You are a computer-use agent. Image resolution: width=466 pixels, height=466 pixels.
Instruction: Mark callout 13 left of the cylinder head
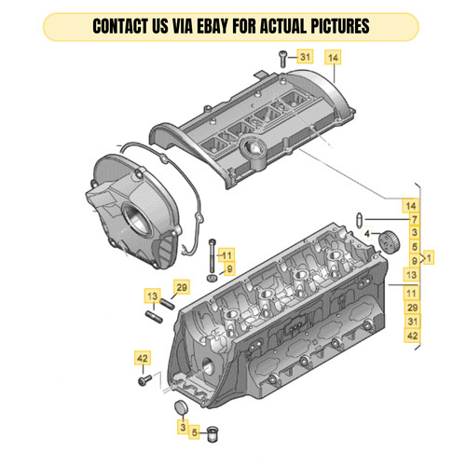pos(151,295)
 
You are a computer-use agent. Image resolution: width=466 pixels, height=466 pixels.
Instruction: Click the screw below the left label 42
pos(144,379)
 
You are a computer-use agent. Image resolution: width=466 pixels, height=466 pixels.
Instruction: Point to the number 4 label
pos(367,232)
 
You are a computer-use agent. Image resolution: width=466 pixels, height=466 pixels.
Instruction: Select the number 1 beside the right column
pos(431,254)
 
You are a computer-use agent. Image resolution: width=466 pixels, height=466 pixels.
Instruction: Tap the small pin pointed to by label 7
pos(360,219)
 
